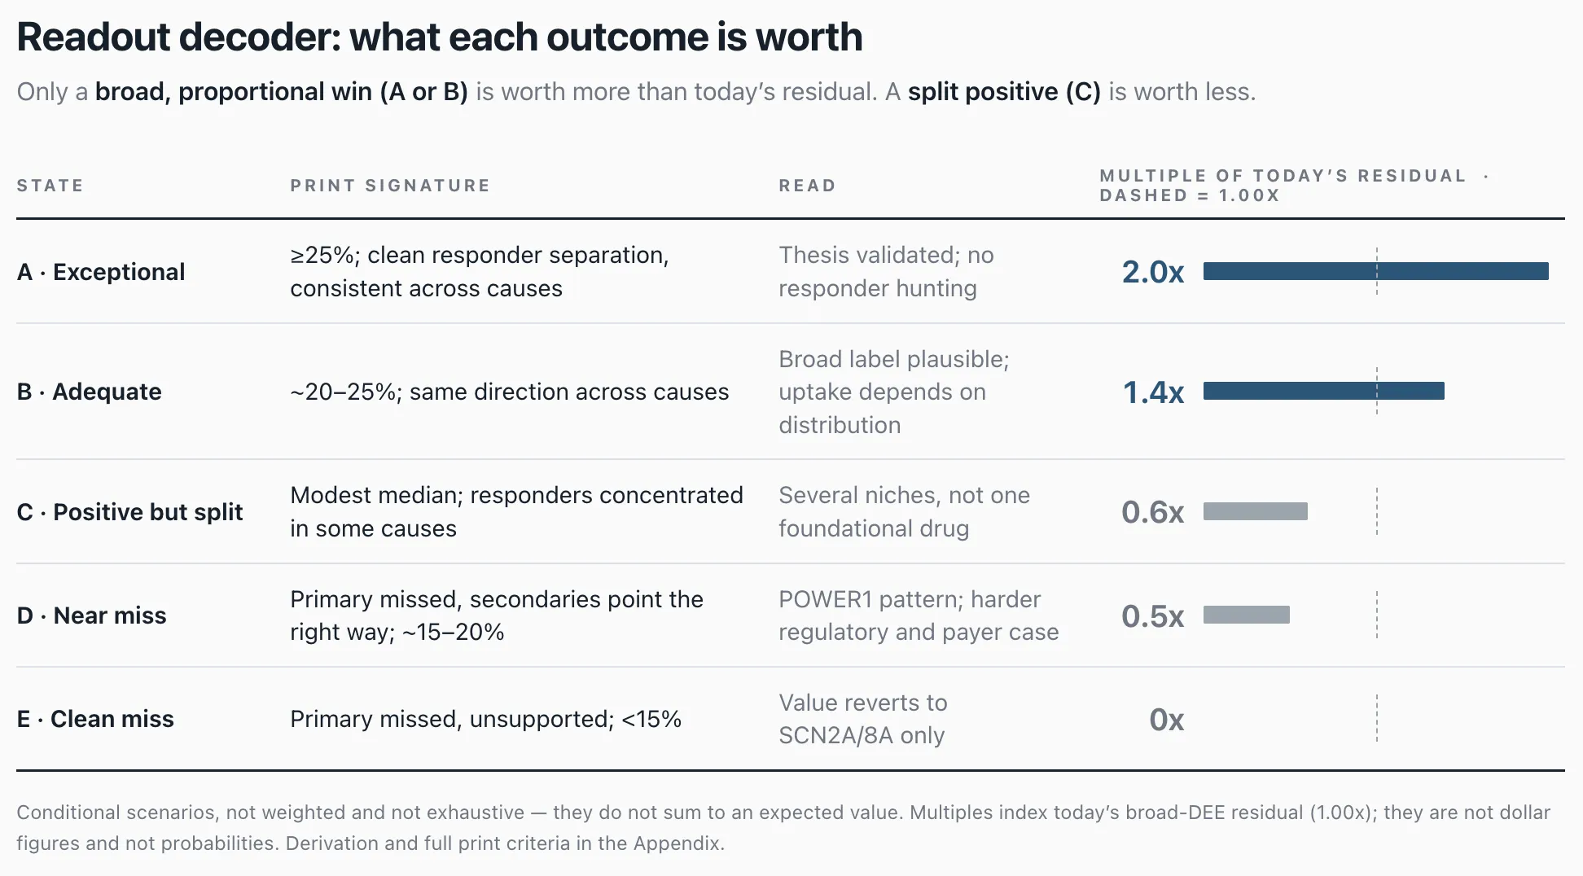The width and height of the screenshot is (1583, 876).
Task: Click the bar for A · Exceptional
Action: click(1375, 271)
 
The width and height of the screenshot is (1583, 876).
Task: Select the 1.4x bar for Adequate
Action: click(1324, 391)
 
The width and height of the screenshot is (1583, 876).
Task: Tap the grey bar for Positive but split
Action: click(1256, 511)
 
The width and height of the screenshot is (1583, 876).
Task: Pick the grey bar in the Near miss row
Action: click(1247, 615)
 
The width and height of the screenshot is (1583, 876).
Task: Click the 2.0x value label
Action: click(1152, 272)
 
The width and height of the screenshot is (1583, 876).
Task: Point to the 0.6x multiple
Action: click(1152, 512)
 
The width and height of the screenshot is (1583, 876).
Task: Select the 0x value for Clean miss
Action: click(1166, 720)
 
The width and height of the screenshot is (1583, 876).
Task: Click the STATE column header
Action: click(50, 186)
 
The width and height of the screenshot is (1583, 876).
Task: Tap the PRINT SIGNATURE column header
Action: click(390, 186)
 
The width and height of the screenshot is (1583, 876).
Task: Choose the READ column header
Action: click(807, 186)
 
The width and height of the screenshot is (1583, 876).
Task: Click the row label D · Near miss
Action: click(91, 615)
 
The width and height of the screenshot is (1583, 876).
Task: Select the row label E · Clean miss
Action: click(95, 719)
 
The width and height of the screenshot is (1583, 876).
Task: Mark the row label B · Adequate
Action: click(89, 392)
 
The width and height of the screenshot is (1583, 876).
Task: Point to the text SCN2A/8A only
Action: click(862, 735)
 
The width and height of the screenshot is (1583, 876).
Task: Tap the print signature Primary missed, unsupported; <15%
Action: click(485, 719)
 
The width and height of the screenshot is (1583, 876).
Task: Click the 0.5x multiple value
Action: click(1152, 616)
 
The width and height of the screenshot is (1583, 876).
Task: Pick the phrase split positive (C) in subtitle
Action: click(1004, 92)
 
